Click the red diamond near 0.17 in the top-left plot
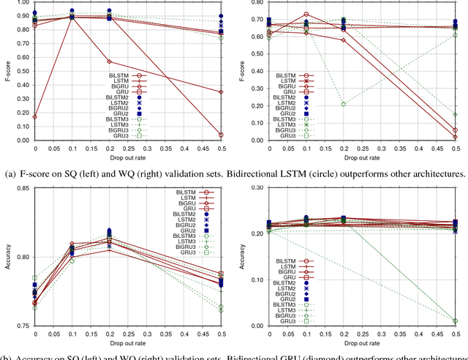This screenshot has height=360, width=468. tap(34, 116)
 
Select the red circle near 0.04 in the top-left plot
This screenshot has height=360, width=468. tap(221, 135)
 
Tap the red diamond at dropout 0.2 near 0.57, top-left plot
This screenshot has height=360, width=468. tap(110, 61)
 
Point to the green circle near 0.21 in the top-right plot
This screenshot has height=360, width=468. tap(343, 104)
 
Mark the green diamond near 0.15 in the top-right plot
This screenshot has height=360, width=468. tap(455, 114)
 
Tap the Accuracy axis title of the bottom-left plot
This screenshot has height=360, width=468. tap(8, 258)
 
